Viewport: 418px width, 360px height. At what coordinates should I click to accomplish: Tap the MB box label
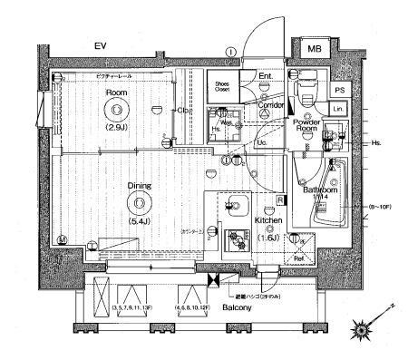(x=312, y=47)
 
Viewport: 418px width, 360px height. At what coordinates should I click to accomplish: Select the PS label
(x=339, y=91)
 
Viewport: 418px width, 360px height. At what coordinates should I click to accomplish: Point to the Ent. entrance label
(x=266, y=76)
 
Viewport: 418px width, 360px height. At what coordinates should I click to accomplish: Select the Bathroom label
(x=320, y=190)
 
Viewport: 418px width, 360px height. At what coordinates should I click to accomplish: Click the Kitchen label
(x=269, y=220)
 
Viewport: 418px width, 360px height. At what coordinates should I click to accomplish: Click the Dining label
(x=139, y=186)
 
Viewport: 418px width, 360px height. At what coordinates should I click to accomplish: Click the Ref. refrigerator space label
(x=298, y=255)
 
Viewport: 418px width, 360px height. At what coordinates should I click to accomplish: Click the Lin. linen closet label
(x=337, y=110)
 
